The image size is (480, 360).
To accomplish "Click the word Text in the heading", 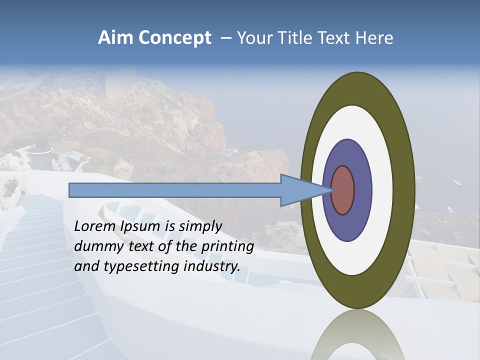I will [x=335, y=38].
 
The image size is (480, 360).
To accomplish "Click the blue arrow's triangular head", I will [x=300, y=190].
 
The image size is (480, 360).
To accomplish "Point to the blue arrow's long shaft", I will [x=175, y=190].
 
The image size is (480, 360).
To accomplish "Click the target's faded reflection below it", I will [x=358, y=337].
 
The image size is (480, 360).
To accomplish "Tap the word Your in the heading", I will [x=255, y=38].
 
